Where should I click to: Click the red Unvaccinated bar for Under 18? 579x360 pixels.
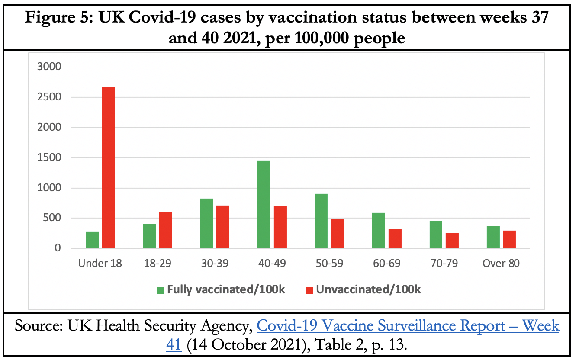109,167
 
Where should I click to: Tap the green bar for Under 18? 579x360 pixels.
92,240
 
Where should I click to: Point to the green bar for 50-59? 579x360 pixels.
321,221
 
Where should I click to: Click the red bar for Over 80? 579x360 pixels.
509,239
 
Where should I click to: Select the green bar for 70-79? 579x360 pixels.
436,235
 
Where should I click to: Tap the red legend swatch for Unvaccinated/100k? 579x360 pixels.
309,290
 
